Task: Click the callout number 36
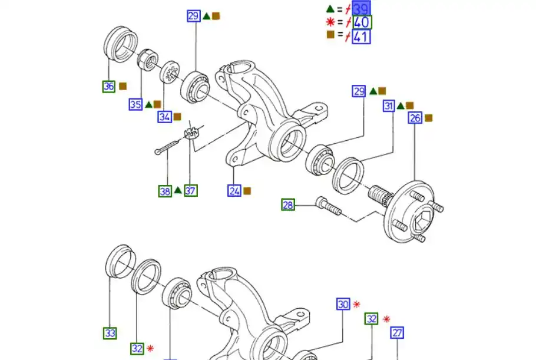109,86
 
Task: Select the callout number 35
135,104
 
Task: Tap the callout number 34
164,117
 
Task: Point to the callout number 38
165,190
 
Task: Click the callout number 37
190,190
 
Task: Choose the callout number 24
234,190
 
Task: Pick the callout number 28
287,204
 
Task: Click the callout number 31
389,106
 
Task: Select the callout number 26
415,118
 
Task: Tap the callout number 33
110,333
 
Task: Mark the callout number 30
343,304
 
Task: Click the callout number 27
397,333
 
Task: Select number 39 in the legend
361,9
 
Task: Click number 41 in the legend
361,37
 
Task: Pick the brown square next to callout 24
247,191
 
